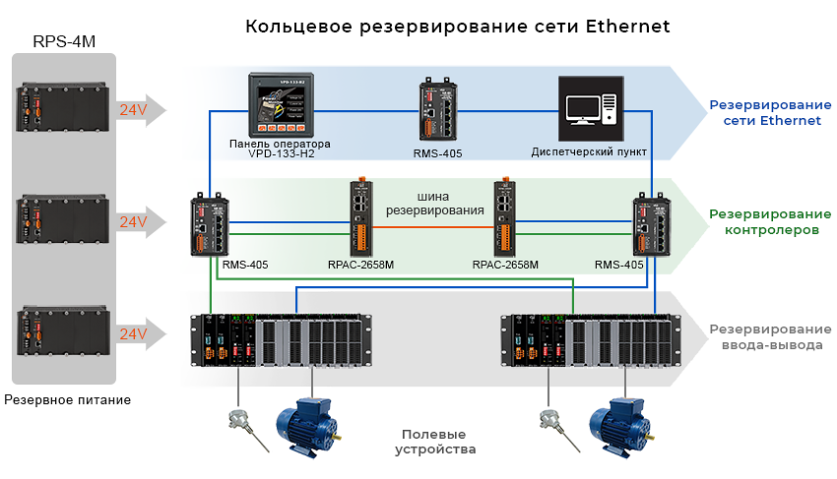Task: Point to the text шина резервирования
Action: [x=434, y=203]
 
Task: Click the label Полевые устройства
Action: [x=434, y=442]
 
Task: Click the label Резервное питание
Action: [x=67, y=400]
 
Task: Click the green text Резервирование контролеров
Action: [x=763, y=221]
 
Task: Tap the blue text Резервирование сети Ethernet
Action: [x=765, y=112]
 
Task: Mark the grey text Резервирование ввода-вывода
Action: [x=764, y=336]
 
